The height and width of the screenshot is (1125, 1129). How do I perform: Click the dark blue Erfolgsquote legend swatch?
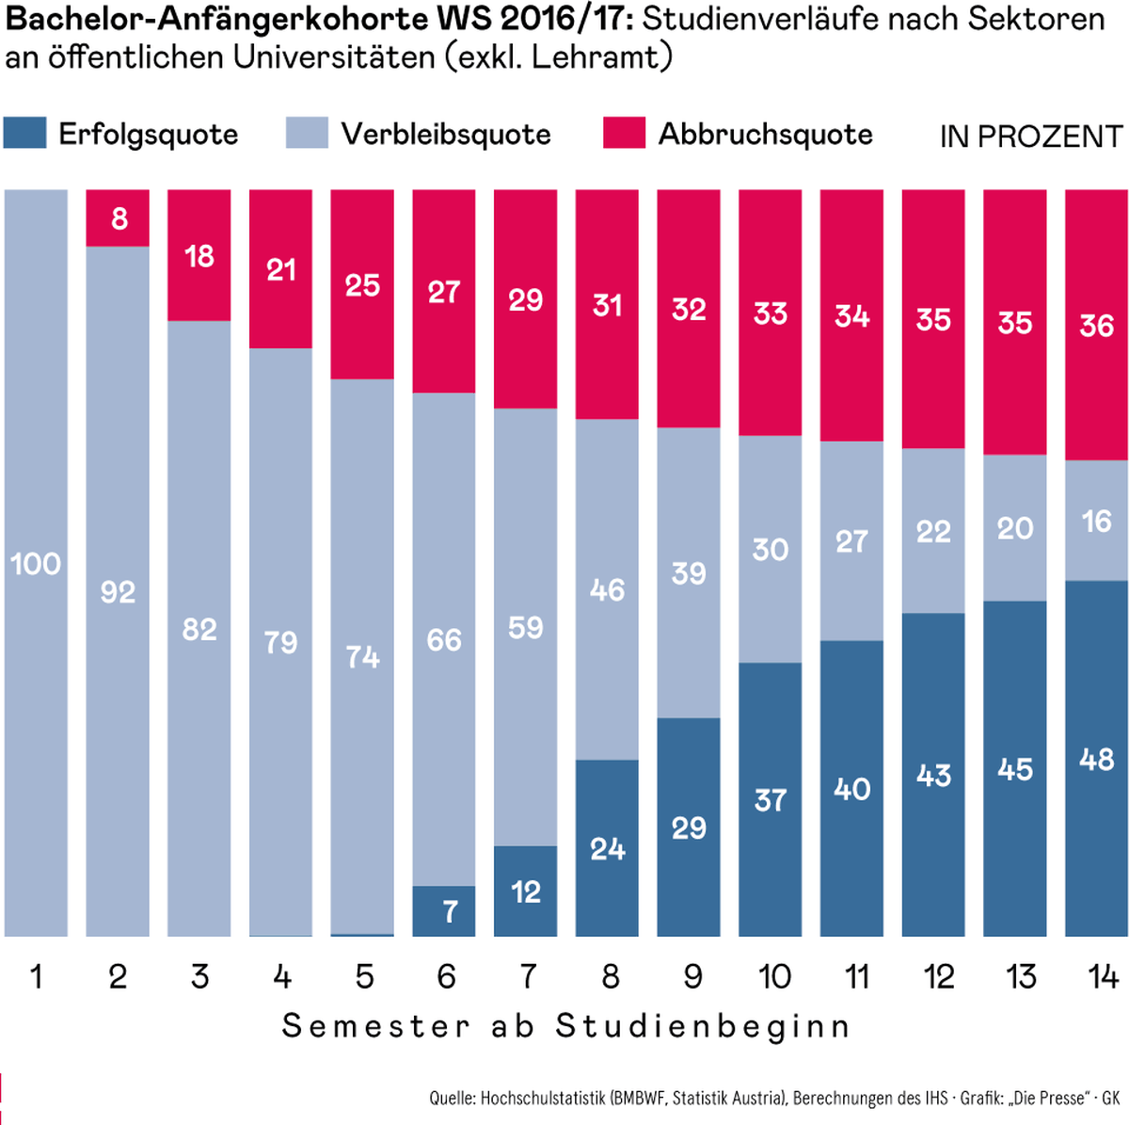pyautogui.click(x=24, y=133)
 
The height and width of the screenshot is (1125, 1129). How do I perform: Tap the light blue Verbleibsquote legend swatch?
pyautogui.click(x=307, y=133)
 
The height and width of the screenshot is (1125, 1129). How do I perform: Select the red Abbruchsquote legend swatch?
pyautogui.click(x=624, y=133)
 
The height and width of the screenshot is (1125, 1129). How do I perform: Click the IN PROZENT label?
pyautogui.click(x=1031, y=137)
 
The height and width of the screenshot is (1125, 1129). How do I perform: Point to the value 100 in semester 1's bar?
pyautogui.click(x=36, y=564)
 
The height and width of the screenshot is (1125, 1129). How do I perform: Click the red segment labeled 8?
pyautogui.click(x=119, y=218)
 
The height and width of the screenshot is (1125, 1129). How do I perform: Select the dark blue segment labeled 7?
pyautogui.click(x=444, y=910)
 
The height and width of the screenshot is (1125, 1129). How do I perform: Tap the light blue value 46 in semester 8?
pyautogui.click(x=607, y=590)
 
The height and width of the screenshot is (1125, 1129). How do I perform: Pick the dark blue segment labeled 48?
pyautogui.click(x=1096, y=759)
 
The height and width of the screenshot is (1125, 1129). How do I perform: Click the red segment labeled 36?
pyautogui.click(x=1096, y=326)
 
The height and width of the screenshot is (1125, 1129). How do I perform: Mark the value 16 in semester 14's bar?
pyautogui.click(x=1096, y=521)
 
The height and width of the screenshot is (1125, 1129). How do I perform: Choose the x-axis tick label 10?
pyautogui.click(x=773, y=976)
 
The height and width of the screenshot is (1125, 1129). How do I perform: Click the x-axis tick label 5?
pyautogui.click(x=364, y=976)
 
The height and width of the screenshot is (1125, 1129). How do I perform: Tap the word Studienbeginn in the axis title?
pyautogui.click(x=702, y=1025)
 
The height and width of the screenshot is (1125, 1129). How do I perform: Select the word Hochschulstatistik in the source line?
pyautogui.click(x=543, y=1098)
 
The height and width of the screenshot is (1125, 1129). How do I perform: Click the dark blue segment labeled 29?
pyautogui.click(x=689, y=828)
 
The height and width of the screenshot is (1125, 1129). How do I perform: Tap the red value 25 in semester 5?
pyautogui.click(x=362, y=285)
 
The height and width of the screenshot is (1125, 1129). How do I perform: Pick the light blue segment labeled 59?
pyautogui.click(x=525, y=627)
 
